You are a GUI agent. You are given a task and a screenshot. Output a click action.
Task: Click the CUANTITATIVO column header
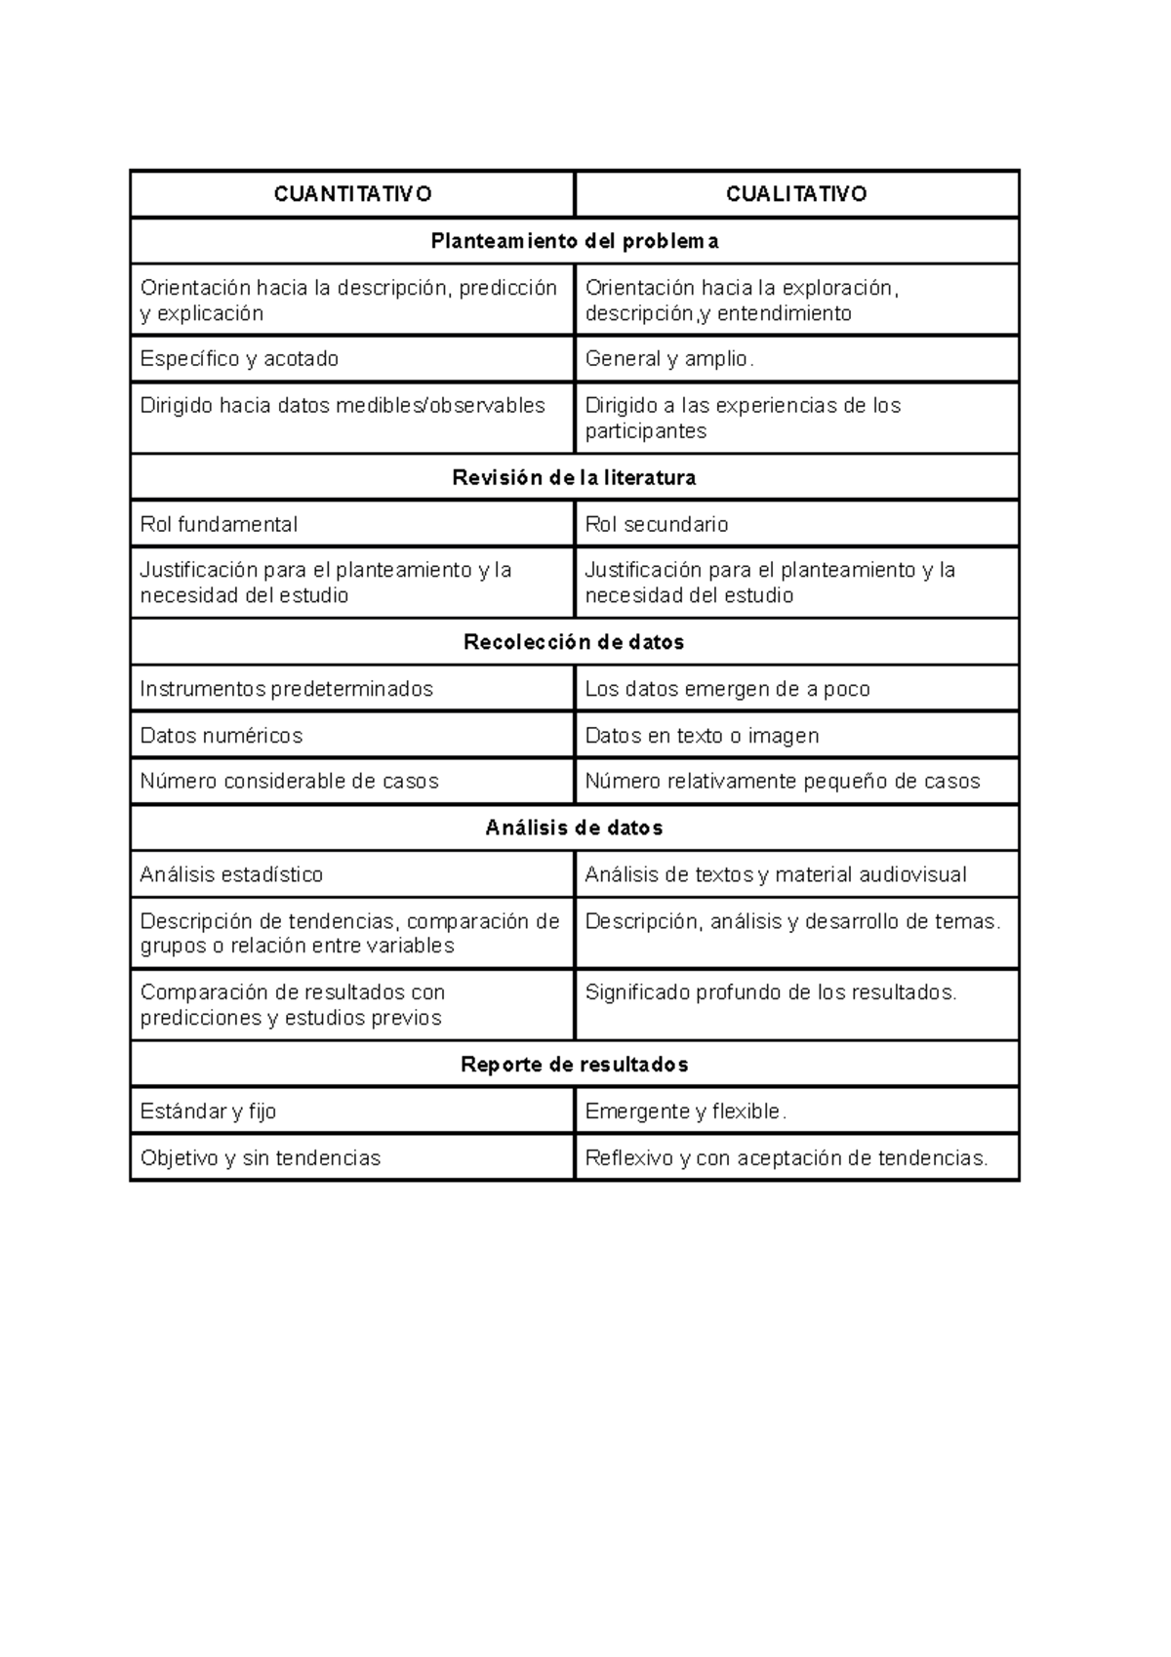352,193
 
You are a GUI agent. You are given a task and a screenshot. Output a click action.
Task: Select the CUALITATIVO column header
796,193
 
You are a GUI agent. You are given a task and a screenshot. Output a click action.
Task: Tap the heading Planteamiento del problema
575,241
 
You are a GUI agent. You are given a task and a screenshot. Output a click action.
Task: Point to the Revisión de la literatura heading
575,477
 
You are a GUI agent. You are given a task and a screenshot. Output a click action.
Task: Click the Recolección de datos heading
575,642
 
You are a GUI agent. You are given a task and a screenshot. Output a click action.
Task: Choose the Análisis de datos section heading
575,828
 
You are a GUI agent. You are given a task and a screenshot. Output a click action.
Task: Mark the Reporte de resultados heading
575,1065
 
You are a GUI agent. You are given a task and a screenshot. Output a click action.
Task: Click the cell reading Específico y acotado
240,359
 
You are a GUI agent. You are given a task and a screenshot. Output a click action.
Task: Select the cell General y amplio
669,359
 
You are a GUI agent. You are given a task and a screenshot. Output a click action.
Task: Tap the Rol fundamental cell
220,524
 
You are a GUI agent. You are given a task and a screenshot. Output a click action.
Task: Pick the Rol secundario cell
657,524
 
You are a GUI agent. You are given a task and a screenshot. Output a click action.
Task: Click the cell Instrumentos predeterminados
287,689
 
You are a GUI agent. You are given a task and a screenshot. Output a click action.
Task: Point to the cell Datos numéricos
222,736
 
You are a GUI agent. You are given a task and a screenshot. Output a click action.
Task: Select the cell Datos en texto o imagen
702,736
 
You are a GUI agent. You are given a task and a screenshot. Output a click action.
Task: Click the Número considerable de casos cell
290,782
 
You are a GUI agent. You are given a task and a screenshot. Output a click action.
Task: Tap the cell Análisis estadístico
232,874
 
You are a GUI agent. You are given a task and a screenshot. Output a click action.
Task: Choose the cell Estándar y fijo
209,1111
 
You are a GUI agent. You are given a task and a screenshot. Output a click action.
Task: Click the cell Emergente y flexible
685,1111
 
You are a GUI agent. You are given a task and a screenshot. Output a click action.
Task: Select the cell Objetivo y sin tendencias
261,1158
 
